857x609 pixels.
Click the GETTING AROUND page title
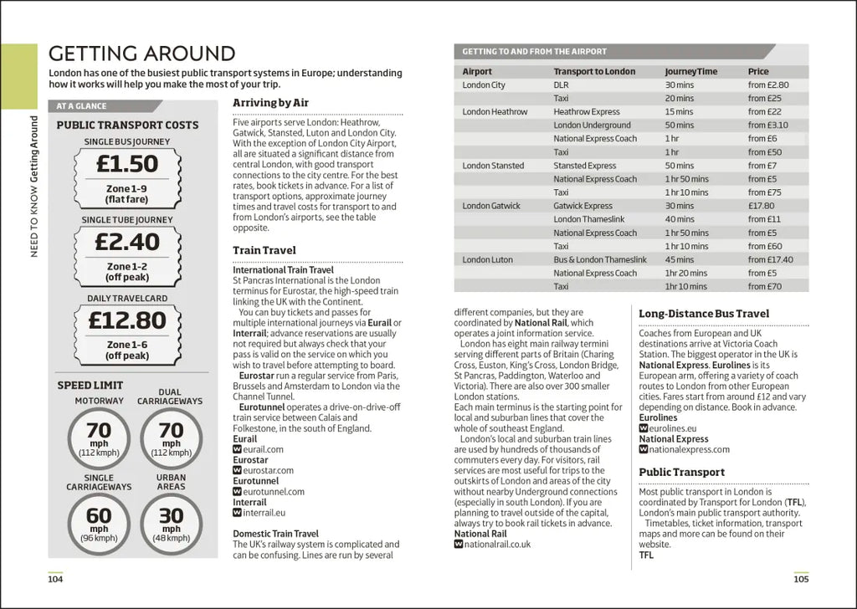point(141,54)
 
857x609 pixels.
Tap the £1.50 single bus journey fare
point(127,163)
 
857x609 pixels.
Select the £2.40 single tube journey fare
point(127,242)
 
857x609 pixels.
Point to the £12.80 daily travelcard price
point(127,320)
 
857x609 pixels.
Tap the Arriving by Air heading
point(270,103)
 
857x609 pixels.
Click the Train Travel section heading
point(264,250)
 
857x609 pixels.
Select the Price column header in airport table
point(758,72)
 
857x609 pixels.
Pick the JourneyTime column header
point(690,72)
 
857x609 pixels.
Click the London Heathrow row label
point(495,112)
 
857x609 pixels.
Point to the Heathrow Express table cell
point(586,112)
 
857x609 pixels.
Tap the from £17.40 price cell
point(770,259)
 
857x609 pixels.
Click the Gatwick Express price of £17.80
point(761,206)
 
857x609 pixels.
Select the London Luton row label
point(487,259)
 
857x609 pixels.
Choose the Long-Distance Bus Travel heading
point(704,314)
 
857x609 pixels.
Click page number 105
point(801,579)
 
